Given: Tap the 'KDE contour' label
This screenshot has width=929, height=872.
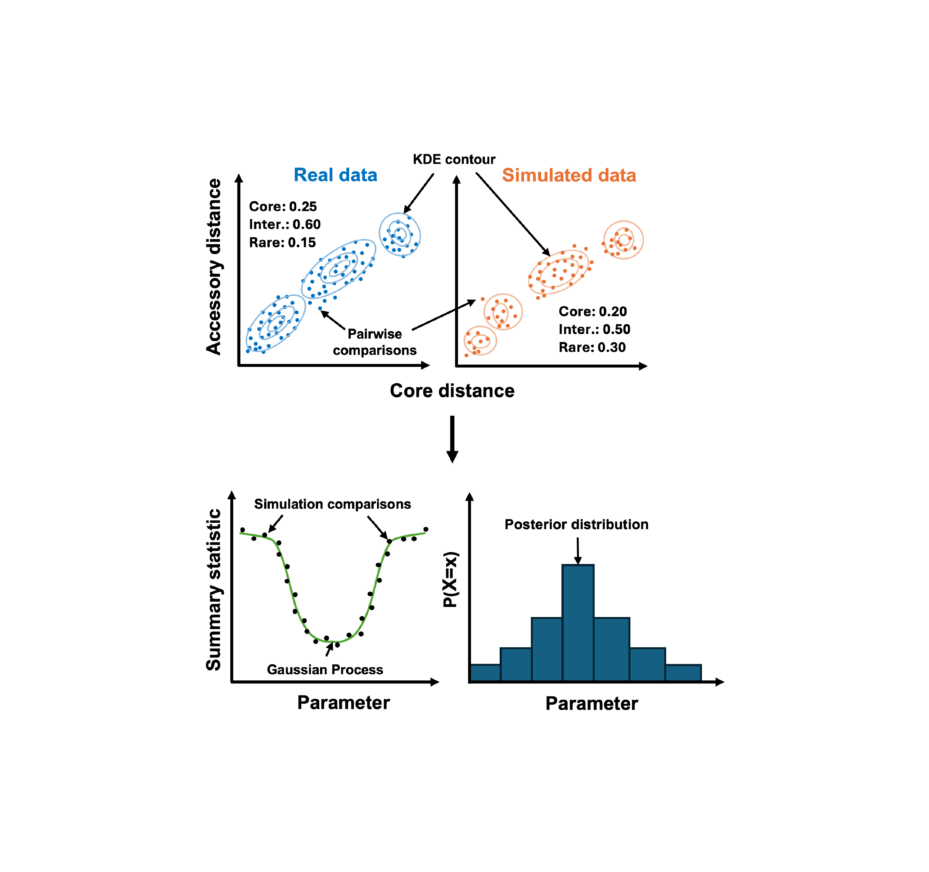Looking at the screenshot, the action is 454,159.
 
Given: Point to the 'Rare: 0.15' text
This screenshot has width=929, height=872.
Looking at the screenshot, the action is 282,243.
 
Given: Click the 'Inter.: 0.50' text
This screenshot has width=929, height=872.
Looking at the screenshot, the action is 594,329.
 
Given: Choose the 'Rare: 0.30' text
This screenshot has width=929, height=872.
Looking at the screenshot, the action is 592,347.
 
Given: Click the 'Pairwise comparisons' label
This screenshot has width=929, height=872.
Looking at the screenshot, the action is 374,342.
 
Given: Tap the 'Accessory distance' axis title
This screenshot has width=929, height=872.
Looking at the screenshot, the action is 214,267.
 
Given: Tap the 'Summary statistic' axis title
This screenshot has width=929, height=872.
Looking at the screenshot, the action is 214,590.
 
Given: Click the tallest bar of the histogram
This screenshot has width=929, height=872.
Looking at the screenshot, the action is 578,623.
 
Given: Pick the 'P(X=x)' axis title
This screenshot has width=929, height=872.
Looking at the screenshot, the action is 451,580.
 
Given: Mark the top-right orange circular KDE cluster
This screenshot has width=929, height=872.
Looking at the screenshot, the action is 623,240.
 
